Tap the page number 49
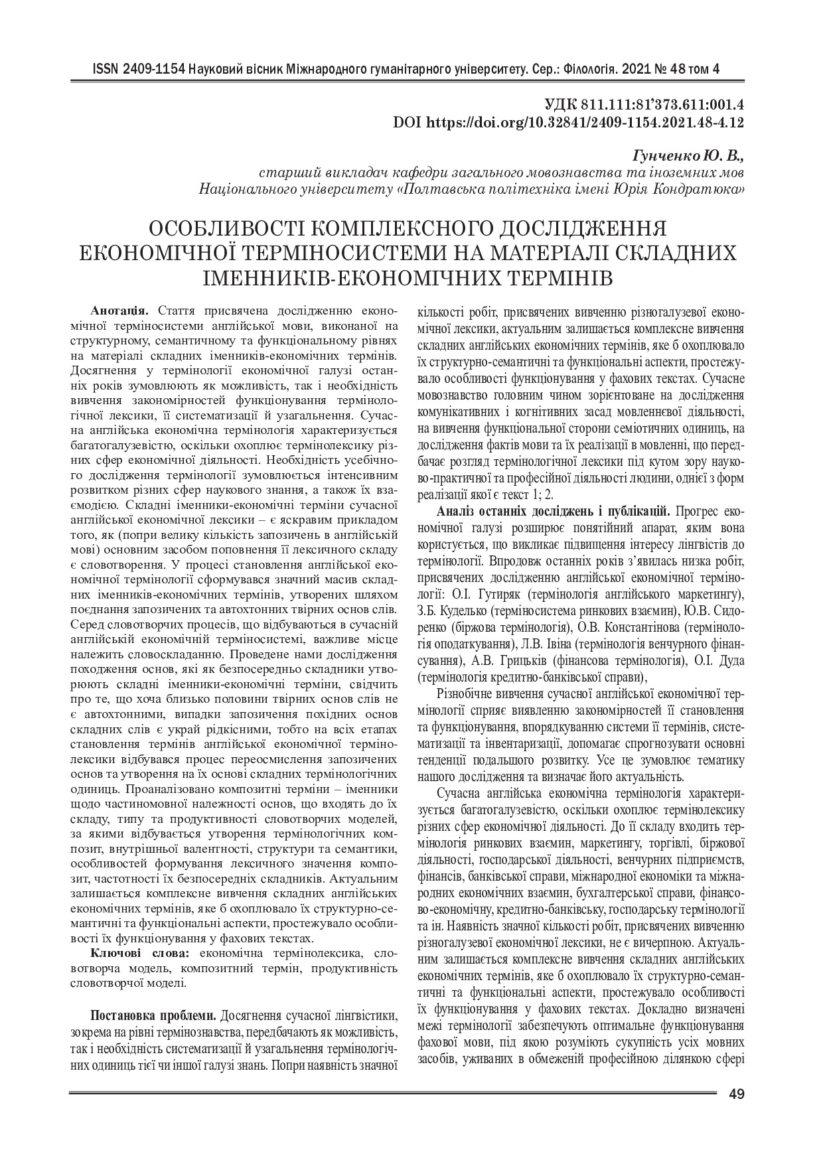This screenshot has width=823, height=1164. coord(735,1095)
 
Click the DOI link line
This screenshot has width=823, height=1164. coord(568,122)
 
